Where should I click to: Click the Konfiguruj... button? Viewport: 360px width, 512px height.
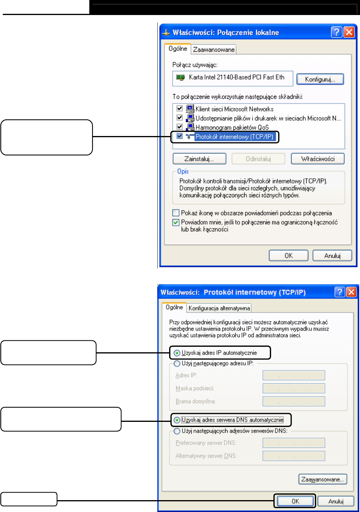coord(320,79)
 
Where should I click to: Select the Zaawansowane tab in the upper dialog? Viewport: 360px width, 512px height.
coord(214,49)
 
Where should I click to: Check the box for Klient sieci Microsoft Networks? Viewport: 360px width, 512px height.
coord(180,108)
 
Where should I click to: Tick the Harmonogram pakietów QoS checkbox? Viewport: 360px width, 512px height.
coord(180,127)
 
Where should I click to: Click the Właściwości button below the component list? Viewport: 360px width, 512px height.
coord(318,159)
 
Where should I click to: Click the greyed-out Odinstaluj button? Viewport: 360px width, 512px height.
coord(258,159)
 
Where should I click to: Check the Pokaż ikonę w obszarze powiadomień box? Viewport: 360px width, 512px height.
coord(176,213)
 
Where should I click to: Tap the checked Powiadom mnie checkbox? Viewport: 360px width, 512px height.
coord(176,222)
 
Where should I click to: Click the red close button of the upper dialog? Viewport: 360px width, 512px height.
coord(349,32)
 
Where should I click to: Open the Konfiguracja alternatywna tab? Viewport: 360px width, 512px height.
coord(219,308)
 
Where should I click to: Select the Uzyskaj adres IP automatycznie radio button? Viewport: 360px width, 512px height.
coord(176,352)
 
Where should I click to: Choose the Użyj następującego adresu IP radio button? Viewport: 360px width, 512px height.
coord(176,363)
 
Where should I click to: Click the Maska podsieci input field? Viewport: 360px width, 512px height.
coord(294,388)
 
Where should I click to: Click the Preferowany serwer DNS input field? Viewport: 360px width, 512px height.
coord(294,443)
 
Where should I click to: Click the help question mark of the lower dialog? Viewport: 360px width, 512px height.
coord(339,292)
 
